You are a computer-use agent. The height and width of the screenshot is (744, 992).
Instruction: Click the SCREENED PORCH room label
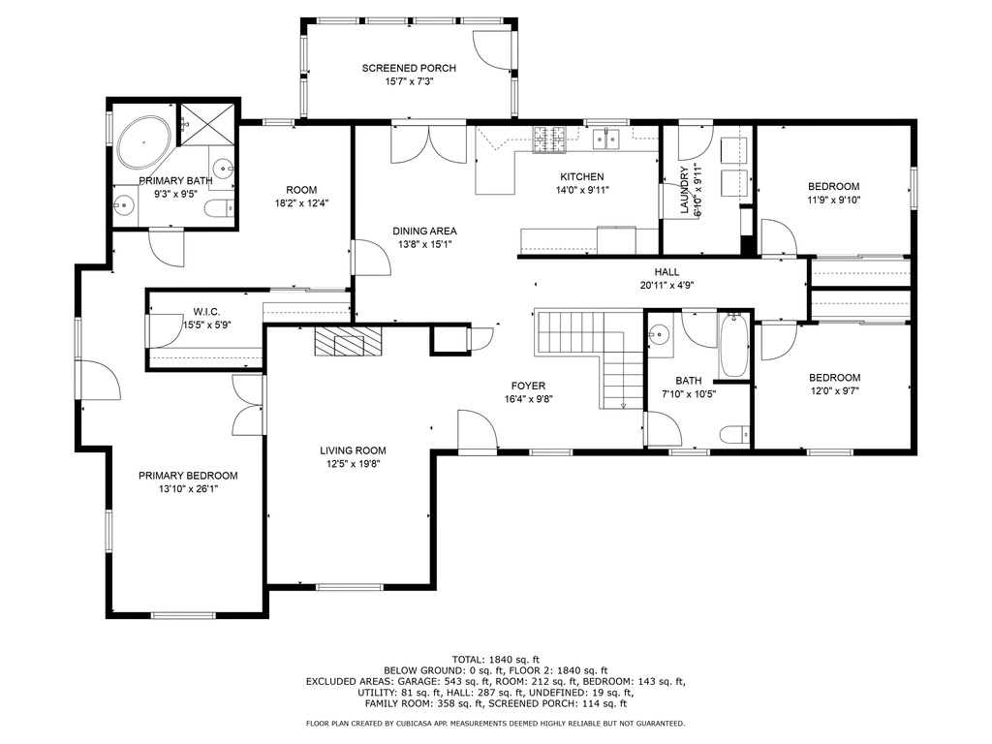[409, 69]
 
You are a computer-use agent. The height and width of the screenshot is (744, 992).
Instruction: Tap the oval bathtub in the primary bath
[144, 141]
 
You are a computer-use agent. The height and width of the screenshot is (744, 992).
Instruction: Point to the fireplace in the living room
[349, 342]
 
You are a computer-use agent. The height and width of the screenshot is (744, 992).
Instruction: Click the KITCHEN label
[582, 177]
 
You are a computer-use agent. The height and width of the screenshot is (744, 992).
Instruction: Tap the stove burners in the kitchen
[549, 139]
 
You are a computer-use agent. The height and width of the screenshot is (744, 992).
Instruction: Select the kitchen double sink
[606, 139]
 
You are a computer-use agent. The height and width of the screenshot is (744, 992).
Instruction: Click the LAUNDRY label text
[684, 190]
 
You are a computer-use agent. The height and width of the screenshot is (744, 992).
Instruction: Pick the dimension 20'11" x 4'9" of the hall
[666, 286]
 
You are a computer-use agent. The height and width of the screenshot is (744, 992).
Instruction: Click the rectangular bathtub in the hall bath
[734, 346]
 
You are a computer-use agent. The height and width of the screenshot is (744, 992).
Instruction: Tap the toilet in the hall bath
[734, 435]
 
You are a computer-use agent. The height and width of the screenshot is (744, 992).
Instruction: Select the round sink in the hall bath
[659, 333]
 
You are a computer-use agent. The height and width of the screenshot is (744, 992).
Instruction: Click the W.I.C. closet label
[207, 313]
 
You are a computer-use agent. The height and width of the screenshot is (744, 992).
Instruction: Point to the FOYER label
[528, 386]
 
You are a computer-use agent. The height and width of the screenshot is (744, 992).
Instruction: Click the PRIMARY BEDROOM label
[188, 476]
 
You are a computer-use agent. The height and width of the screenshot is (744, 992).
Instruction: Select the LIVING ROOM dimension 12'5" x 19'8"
[353, 464]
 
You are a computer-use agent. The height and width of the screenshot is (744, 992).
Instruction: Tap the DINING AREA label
[424, 232]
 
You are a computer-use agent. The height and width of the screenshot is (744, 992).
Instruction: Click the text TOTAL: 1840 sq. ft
[495, 660]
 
